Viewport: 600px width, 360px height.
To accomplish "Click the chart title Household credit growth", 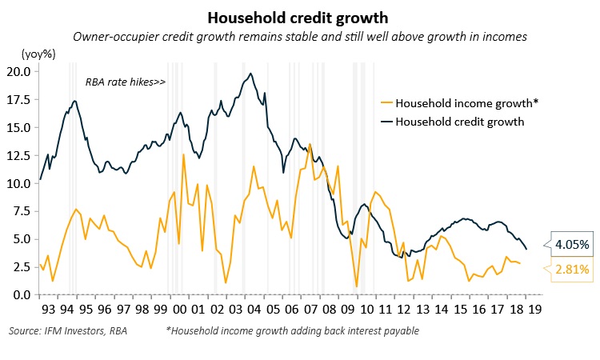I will (x=300, y=17).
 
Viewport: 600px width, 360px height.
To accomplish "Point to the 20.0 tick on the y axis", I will (x=18, y=71).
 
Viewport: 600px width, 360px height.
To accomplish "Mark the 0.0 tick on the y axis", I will (x=21, y=295).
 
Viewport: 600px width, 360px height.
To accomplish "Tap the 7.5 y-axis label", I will (x=21, y=211).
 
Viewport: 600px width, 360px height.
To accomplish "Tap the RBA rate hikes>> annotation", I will (x=125, y=82).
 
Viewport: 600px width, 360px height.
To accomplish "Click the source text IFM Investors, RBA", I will (x=67, y=330).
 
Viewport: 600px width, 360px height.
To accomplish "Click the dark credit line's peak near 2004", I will (x=251, y=74).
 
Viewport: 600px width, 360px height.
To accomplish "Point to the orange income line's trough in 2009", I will (x=356, y=286).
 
